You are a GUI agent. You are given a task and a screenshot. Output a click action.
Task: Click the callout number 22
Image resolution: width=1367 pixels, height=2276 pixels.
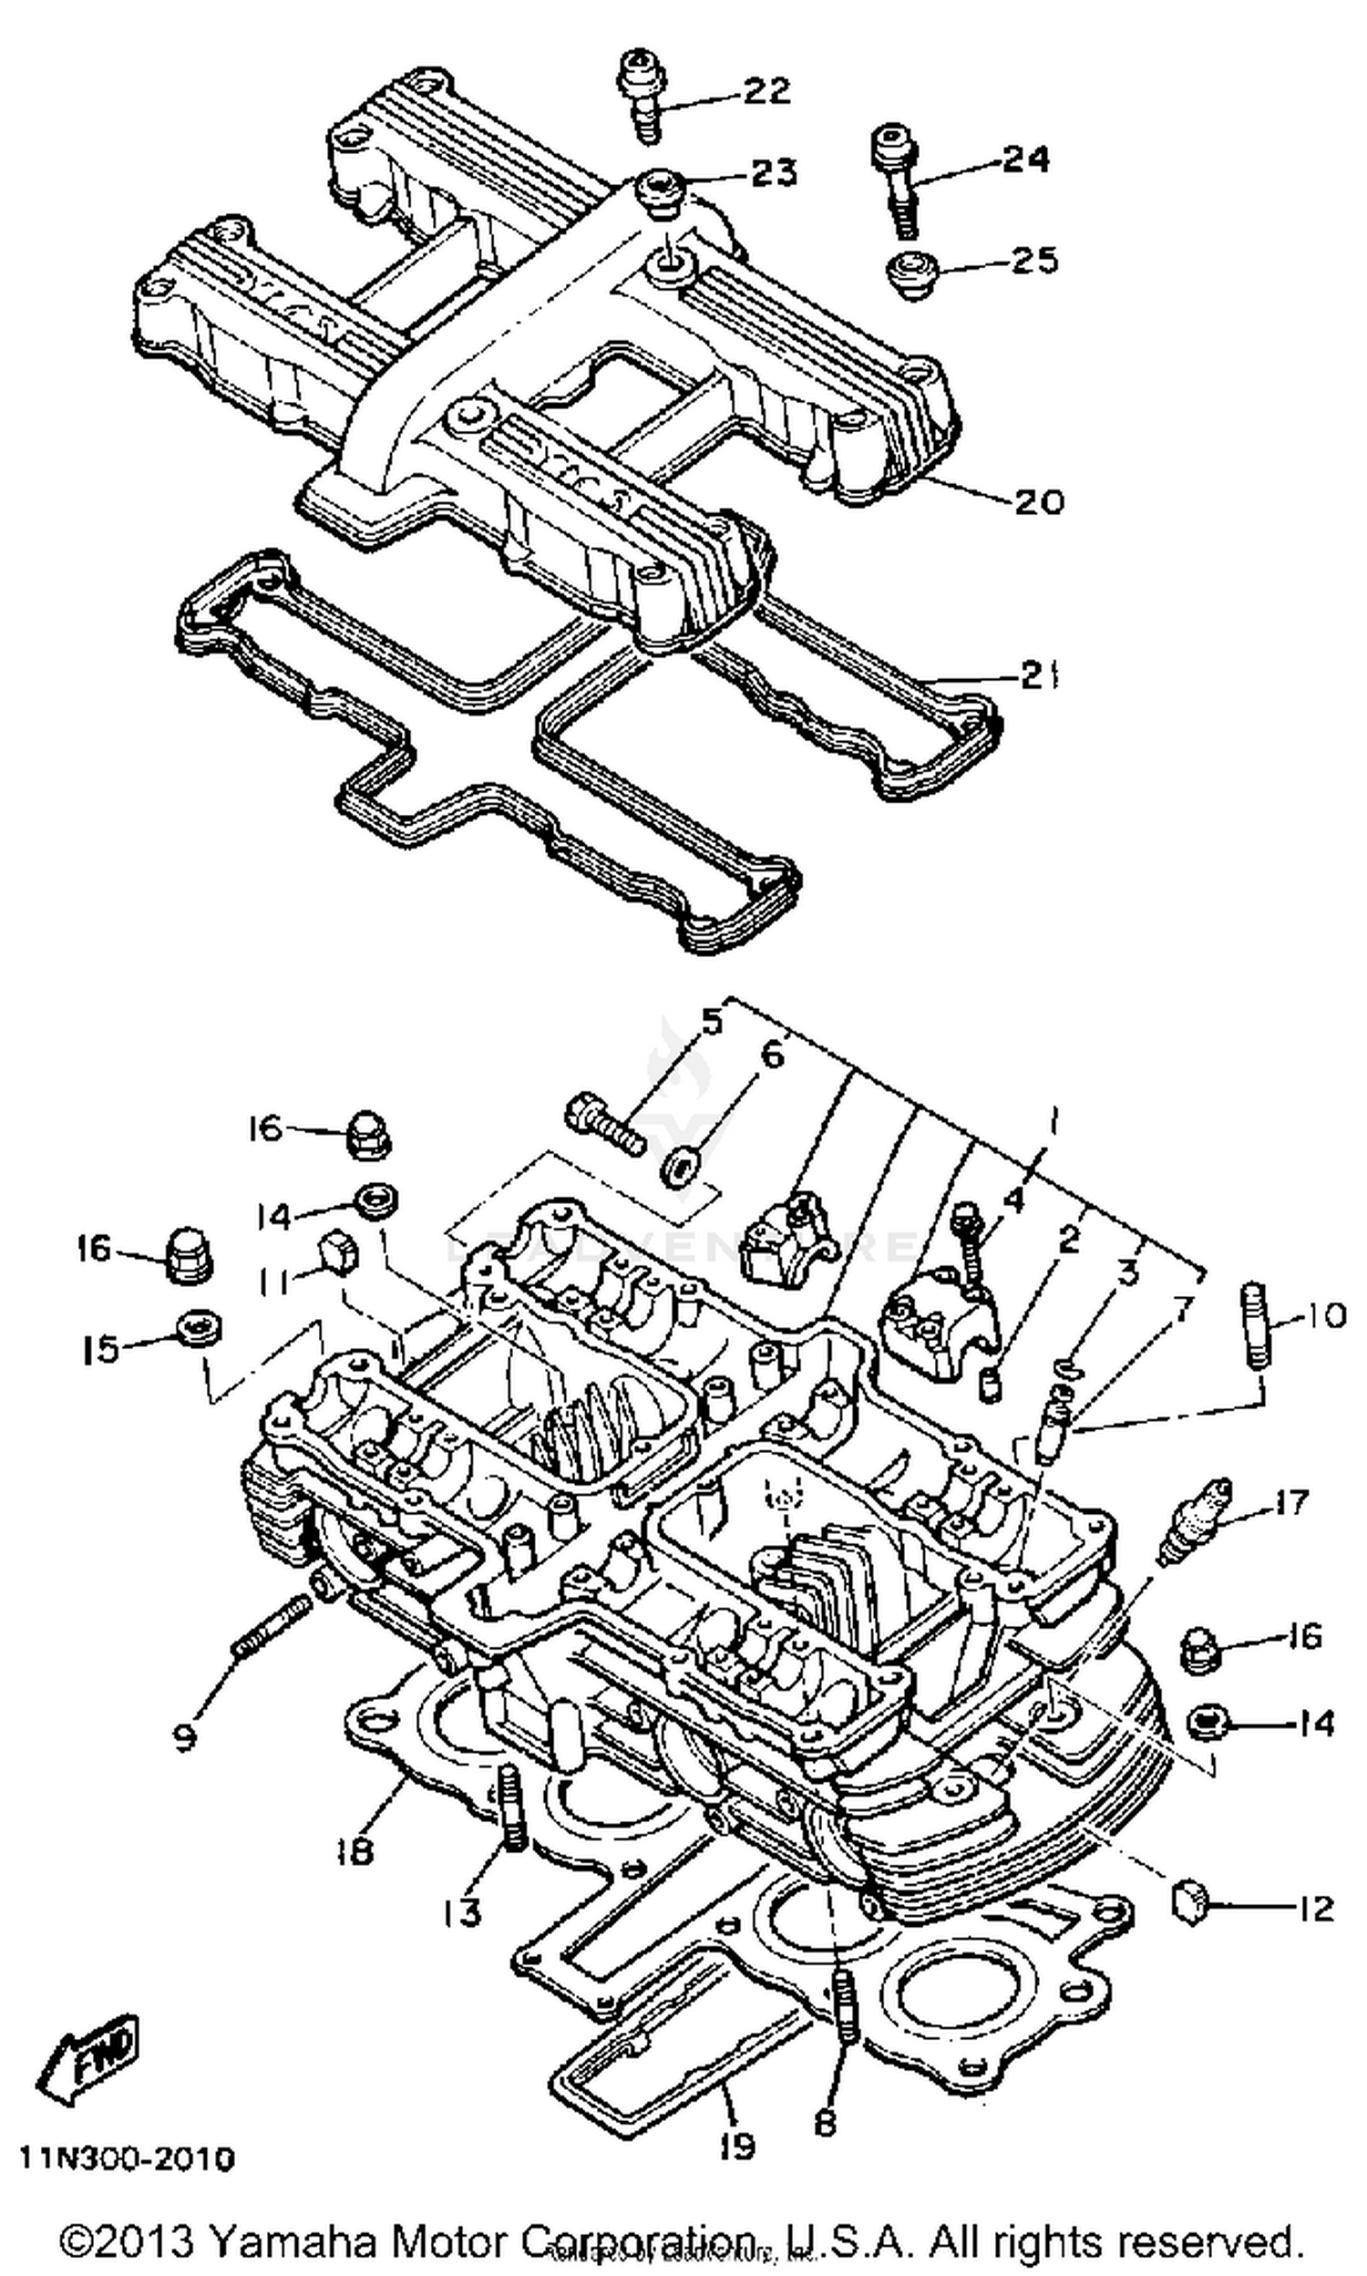766,90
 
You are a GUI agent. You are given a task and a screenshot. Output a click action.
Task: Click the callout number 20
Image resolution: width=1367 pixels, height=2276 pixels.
1038,501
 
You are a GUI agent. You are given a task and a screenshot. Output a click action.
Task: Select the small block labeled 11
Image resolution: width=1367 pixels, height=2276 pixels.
337,1253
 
